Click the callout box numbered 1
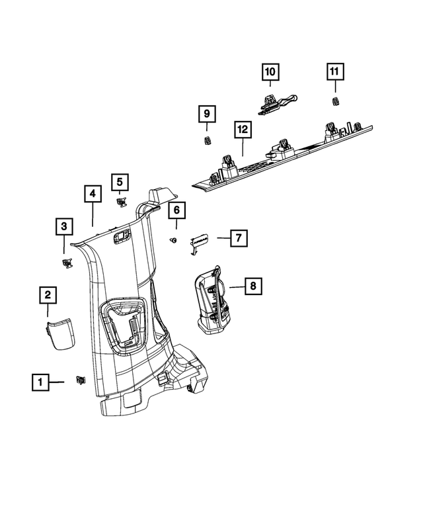point(40,382)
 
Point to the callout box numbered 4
point(93,194)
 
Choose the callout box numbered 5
point(120,181)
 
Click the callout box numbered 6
point(176,211)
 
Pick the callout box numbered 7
point(239,237)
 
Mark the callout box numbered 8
point(251,286)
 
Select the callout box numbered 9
point(206,114)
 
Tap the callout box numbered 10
point(270,71)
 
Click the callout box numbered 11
point(334,71)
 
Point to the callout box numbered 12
point(243,131)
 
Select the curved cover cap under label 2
point(60,332)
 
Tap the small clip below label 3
point(66,263)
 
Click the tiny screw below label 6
point(173,239)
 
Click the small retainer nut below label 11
point(334,101)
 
